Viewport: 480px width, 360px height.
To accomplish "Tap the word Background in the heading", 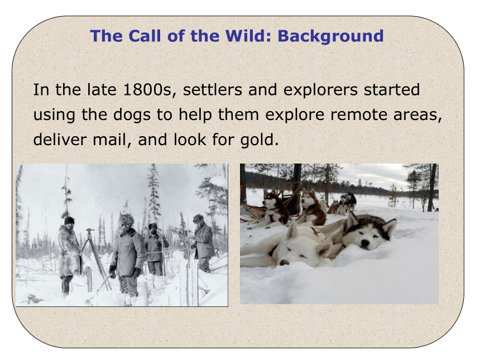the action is point(330,36).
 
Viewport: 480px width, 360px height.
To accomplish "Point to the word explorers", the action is point(320,90).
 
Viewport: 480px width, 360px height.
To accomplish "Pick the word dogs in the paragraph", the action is point(132,116).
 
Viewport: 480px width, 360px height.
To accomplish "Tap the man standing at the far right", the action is point(203,243).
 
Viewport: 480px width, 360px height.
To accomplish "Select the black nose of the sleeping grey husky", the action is point(365,243).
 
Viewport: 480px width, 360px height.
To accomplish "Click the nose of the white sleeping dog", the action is point(285,262).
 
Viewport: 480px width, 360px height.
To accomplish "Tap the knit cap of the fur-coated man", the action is point(69,220).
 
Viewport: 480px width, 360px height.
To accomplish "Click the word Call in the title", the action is point(145,36).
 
